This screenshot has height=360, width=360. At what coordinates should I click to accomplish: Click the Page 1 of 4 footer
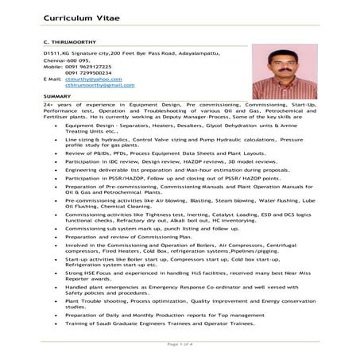(180, 343)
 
